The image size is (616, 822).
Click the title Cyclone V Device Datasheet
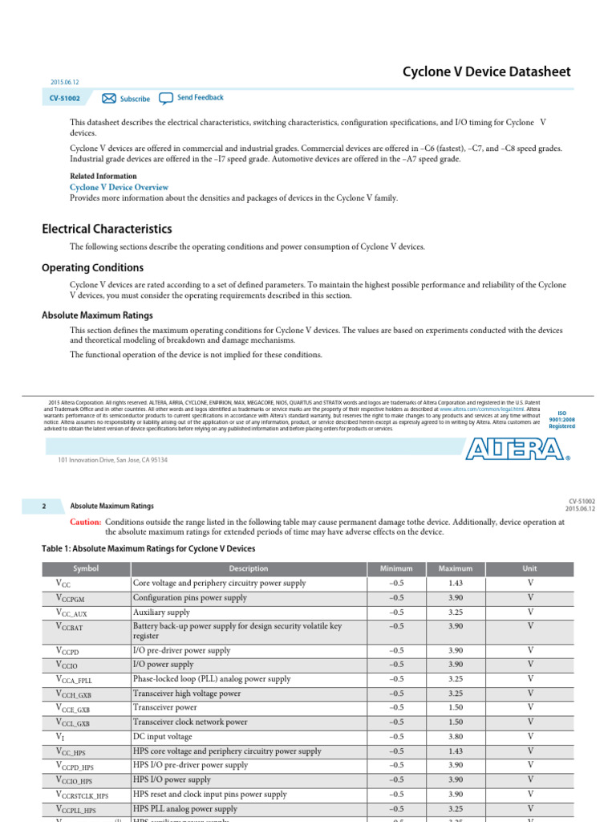(x=486, y=72)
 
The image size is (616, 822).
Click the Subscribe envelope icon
(x=109, y=98)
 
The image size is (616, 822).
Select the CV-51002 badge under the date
(x=66, y=98)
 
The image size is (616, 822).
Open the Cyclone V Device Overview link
(x=119, y=187)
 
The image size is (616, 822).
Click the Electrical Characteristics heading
(x=107, y=229)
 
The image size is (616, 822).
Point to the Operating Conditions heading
(x=92, y=268)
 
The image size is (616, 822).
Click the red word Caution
(x=85, y=522)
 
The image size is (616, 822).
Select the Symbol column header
(x=85, y=568)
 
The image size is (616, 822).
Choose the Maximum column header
(x=455, y=568)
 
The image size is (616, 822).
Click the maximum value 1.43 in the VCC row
(x=455, y=584)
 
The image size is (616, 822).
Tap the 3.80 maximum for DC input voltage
(x=455, y=736)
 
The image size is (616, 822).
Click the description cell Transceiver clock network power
(x=190, y=722)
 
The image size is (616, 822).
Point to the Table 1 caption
(x=148, y=548)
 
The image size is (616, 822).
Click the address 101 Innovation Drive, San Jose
(x=112, y=460)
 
